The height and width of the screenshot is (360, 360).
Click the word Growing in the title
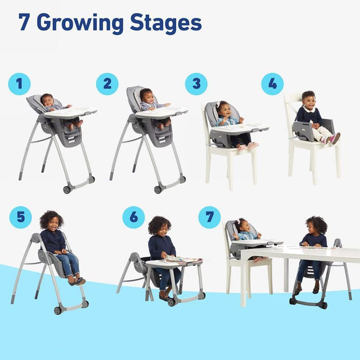[80, 23]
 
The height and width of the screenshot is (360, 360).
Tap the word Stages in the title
[166, 23]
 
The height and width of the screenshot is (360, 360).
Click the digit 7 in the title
[24, 23]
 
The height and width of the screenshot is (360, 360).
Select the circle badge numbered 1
[19, 84]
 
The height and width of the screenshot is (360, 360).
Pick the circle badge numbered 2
[107, 84]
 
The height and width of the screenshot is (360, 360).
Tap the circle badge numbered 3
[196, 84]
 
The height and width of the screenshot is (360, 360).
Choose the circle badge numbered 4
[272, 84]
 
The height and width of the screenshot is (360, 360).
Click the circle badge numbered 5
[20, 217]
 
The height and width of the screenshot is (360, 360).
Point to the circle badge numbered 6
[134, 217]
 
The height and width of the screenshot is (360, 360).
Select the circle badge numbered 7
[209, 217]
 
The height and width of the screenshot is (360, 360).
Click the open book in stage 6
[183, 259]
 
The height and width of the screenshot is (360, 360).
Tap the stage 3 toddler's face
[224, 110]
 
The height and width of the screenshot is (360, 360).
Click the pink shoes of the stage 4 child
[334, 138]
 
